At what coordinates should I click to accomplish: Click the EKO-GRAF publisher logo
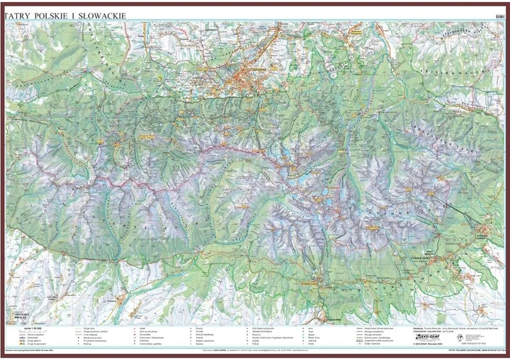pos(428,338)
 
